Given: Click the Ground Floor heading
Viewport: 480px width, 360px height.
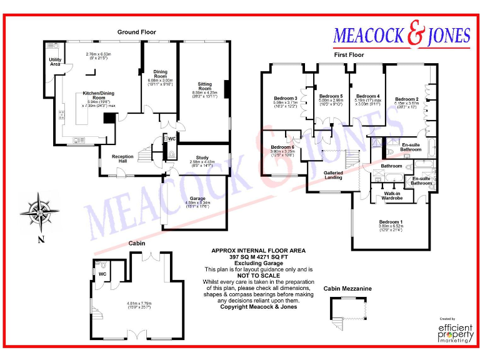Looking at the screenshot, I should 137,32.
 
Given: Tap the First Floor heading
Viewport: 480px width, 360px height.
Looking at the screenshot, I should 349,55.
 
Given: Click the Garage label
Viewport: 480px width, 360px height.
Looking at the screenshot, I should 198,199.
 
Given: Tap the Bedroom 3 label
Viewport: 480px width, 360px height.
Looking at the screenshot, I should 285,98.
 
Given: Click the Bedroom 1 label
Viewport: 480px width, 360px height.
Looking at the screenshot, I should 391,222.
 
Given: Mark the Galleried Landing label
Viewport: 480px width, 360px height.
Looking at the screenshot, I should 332,174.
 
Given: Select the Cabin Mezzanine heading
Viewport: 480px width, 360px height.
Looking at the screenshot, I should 347,289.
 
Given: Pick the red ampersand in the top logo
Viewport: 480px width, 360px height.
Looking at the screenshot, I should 415,36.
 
